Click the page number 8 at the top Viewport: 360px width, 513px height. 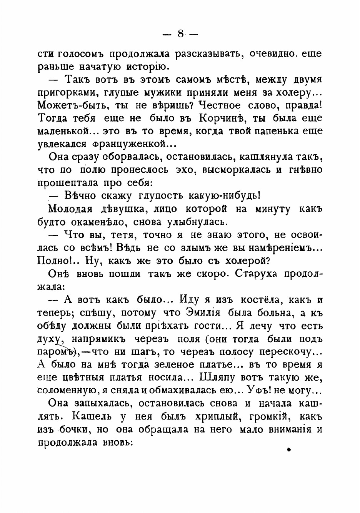[x=180, y=34]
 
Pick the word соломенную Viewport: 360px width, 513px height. [x=67, y=391]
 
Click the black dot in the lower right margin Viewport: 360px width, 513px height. [x=288, y=449]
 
